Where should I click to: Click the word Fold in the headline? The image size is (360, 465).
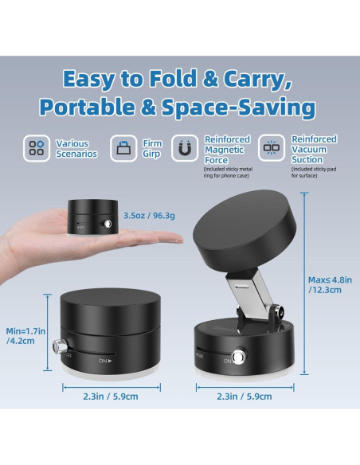pyautogui.click(x=199, y=79)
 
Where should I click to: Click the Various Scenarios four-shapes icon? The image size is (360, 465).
pyautogui.click(x=37, y=148)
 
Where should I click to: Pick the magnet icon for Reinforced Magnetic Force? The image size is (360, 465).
pyautogui.click(x=186, y=148)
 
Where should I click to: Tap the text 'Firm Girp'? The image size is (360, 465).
pyautogui.click(x=151, y=148)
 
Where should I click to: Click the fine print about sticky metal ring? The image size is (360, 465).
pyautogui.click(x=229, y=172)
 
